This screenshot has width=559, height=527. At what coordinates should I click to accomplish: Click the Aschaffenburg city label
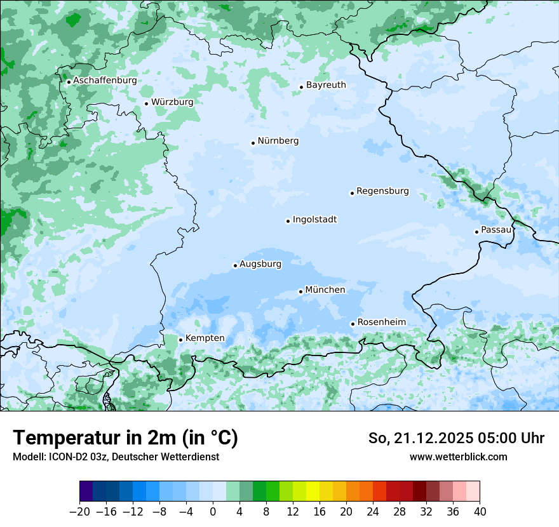(105, 81)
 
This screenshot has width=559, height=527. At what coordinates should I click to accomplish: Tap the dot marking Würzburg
(146, 103)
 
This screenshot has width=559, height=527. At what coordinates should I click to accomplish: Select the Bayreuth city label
(326, 84)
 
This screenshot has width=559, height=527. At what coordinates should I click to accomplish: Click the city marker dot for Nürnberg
(253, 143)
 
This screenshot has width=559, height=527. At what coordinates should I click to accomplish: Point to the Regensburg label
(382, 190)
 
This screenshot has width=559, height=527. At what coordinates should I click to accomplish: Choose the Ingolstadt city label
(314, 219)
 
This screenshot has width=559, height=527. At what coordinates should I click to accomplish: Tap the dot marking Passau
(476, 232)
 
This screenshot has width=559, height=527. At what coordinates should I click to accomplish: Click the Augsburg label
(260, 263)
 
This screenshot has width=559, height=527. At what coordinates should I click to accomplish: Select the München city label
(325, 290)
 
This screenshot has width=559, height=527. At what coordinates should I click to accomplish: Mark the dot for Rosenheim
(353, 324)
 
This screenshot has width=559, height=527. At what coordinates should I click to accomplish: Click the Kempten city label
(205, 338)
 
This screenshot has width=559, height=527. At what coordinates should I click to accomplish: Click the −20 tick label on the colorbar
(79, 512)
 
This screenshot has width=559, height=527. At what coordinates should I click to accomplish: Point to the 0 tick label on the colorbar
(213, 512)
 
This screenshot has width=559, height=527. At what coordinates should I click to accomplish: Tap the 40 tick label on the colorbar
(480, 512)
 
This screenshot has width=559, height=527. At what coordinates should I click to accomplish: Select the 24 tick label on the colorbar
(373, 512)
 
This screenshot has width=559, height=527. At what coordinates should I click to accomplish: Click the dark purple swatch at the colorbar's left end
(86, 491)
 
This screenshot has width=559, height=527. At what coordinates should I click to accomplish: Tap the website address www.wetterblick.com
(458, 457)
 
